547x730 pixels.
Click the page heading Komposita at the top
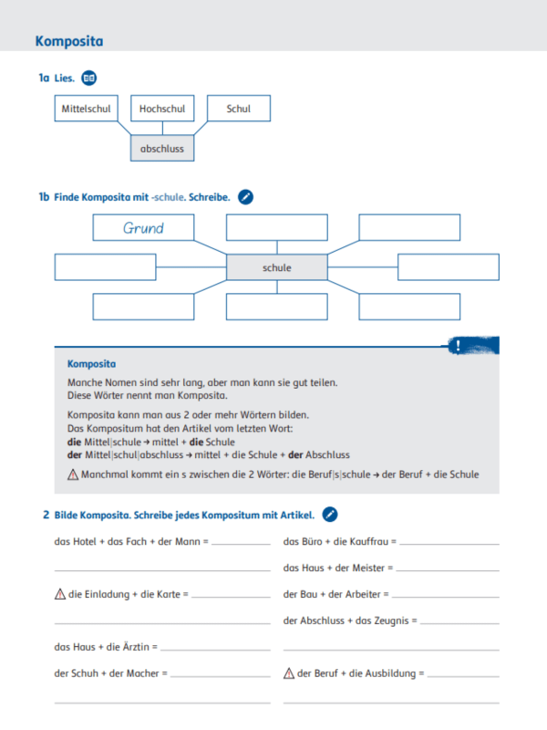68,41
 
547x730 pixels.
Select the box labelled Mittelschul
86,109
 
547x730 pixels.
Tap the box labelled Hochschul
162,109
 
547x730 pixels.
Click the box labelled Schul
239,109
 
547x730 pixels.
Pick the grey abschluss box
162,148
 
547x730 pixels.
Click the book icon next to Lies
88,78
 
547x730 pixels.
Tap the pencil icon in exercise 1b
245,196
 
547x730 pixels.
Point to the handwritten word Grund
143,228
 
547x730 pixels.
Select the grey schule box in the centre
276,267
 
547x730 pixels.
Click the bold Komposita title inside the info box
91,363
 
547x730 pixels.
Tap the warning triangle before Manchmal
73,474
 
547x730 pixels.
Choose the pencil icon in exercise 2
330,515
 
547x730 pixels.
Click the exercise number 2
46,516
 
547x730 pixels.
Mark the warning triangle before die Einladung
60,594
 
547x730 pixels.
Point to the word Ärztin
139,647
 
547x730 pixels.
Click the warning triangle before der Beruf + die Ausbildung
289,673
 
